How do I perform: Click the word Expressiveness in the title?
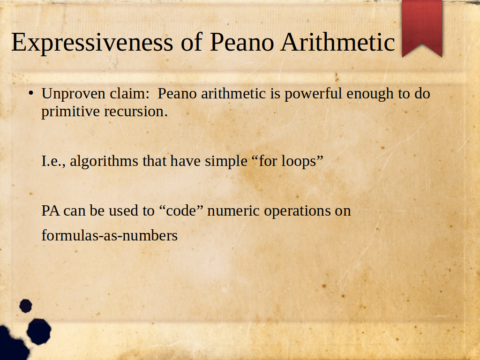(x=92, y=43)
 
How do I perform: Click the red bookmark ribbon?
(x=422, y=28)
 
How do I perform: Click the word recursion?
(x=136, y=112)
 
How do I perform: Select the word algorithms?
(x=104, y=162)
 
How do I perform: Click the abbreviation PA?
(x=51, y=210)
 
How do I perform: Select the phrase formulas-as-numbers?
(x=110, y=235)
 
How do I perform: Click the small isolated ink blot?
(x=26, y=306)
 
